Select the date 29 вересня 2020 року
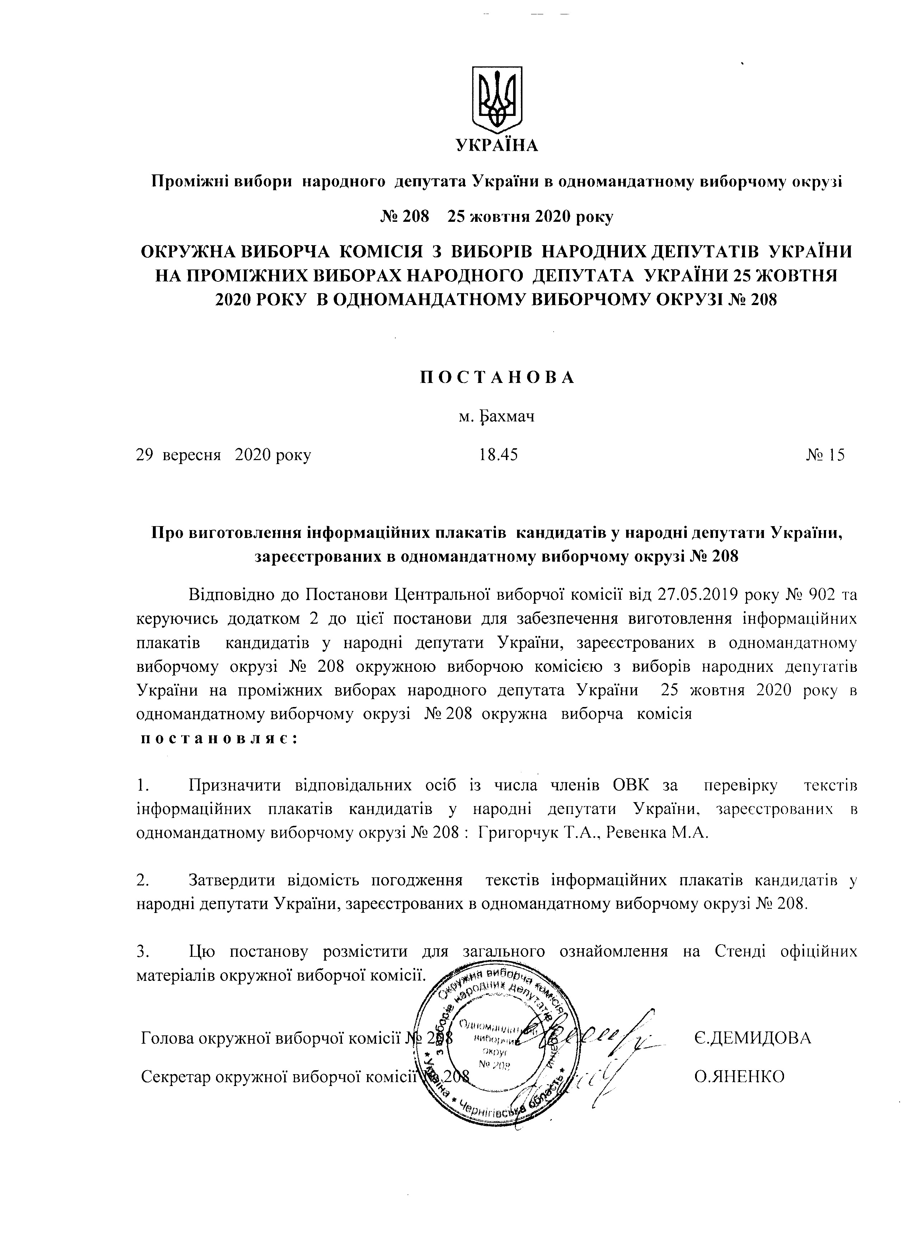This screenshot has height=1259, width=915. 224,455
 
